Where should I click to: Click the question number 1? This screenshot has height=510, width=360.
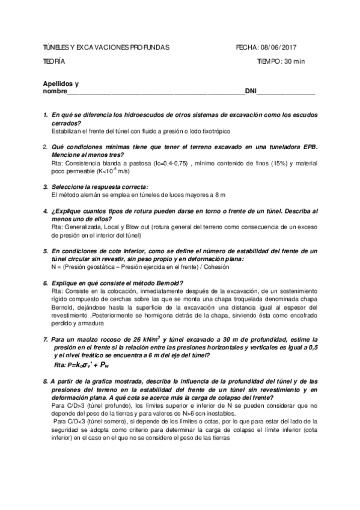pos(46,114)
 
